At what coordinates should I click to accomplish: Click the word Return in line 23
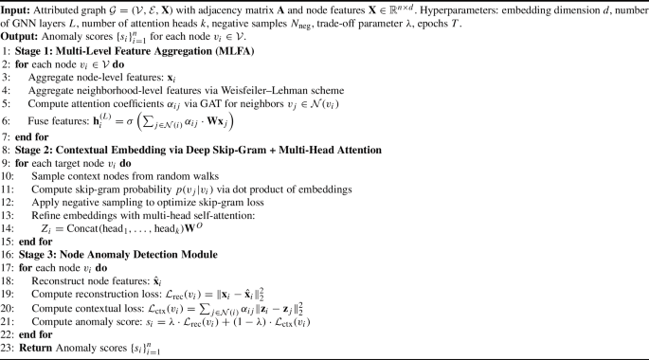[x=31, y=352]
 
